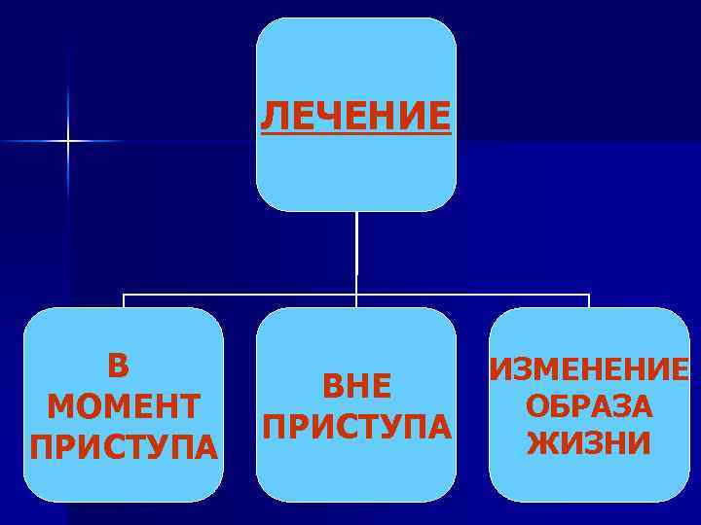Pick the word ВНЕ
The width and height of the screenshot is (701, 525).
pos(356,387)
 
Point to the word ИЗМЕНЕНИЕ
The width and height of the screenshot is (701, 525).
pos(590,369)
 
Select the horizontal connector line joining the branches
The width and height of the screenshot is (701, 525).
pos(356,294)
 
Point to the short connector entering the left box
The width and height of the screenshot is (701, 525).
pos(124,300)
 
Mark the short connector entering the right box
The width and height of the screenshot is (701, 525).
pos(589,300)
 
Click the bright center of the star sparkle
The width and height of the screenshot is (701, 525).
pos(68,142)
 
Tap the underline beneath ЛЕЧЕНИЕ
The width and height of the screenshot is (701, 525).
pos(356,134)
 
